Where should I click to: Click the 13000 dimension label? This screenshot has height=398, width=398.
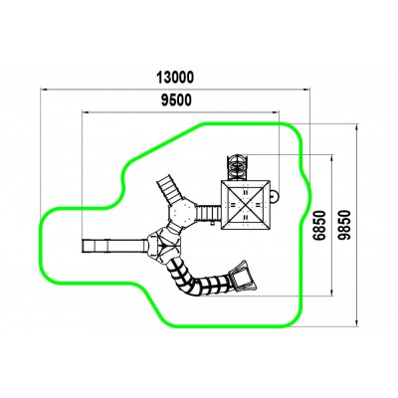pos(175,78)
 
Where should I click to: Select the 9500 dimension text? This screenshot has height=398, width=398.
pos(176,100)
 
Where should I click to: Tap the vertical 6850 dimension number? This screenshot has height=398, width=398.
pos(320,225)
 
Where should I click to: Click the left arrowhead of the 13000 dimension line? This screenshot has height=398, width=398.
pos(44,89)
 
